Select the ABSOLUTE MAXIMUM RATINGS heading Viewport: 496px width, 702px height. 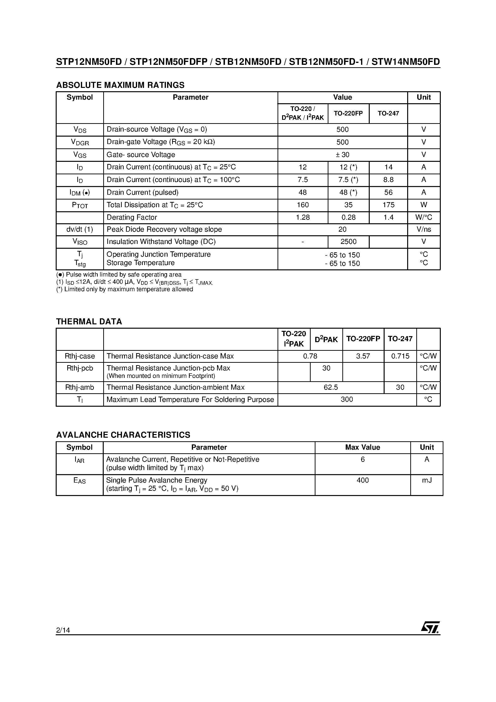120,85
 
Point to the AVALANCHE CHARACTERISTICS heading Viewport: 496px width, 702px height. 123,435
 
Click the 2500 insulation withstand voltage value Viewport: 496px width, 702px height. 348,242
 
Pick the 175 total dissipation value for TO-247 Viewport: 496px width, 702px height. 388,205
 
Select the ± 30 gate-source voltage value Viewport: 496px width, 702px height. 343,155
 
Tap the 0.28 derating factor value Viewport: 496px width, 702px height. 348,217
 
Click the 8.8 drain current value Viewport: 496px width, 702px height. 388,180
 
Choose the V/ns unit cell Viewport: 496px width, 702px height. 423,229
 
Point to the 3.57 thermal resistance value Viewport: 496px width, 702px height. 363,356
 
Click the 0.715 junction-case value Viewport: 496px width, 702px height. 400,356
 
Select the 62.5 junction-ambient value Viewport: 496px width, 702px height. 331,387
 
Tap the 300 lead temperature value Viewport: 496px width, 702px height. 347,399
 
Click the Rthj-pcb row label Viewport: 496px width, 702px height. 79,368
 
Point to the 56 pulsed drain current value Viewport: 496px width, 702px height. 388,192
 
